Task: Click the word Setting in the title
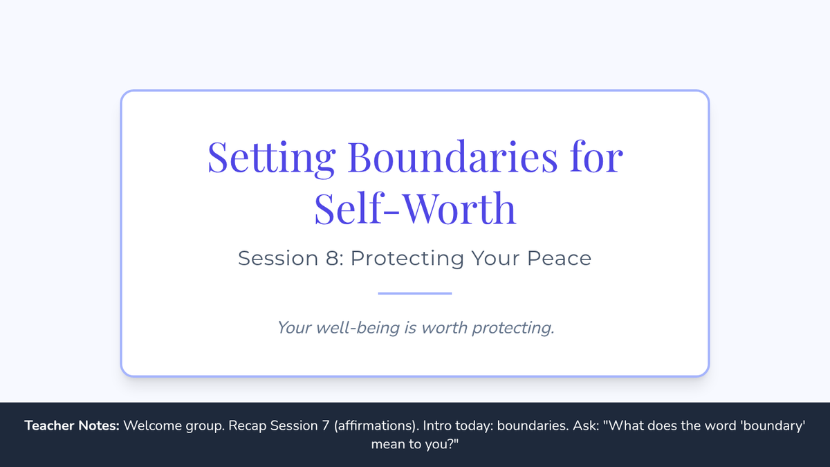(272, 158)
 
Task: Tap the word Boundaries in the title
(452, 156)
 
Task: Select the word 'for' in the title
(596, 156)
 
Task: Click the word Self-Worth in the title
(415, 208)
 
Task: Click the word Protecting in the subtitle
(407, 259)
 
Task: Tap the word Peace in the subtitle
(559, 258)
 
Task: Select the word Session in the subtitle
(278, 258)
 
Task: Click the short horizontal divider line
(415, 293)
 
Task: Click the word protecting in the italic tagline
(513, 329)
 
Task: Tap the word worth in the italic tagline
(444, 328)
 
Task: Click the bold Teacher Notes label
(72, 425)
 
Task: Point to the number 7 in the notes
(325, 426)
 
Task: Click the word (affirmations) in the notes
(376, 426)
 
